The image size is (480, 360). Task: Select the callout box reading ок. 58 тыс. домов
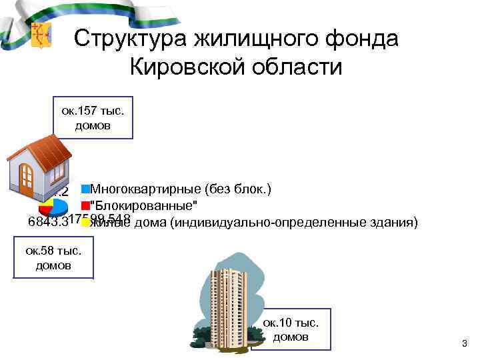click(53, 257)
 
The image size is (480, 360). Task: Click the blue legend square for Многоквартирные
click(85, 189)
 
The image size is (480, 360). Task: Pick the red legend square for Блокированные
click(85, 205)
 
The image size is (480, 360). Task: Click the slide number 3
click(465, 343)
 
